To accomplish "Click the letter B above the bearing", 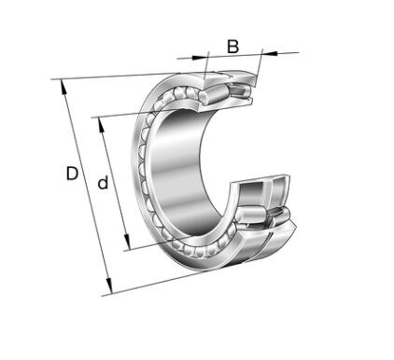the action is (x=232, y=47).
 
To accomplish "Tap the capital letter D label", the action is (x=72, y=173).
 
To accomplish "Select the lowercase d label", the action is (x=103, y=183).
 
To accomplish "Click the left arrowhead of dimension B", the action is (x=199, y=57).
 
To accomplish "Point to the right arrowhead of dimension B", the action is (x=270, y=53).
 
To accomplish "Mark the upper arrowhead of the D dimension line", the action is (x=63, y=87).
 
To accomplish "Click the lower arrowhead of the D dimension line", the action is (x=109, y=286).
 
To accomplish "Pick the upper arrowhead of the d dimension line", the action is (x=101, y=125).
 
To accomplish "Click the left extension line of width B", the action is (x=205, y=66).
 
